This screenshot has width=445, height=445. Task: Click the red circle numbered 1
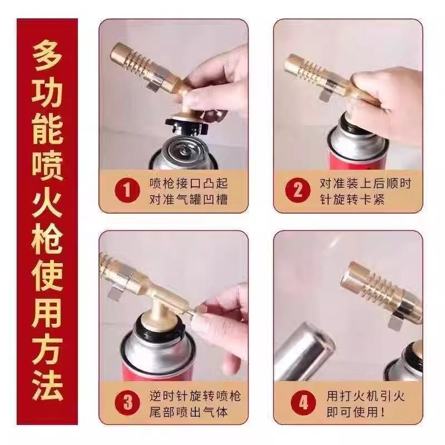pos(127,190)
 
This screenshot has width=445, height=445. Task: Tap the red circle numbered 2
pos(298,190)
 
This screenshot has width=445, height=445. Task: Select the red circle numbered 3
pos(127,402)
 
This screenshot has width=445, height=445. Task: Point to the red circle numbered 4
pos(303,402)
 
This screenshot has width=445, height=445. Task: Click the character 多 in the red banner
pos(47,56)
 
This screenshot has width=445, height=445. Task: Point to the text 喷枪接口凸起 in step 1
pos(189,184)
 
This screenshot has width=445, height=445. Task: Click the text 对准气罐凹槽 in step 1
pos(189,199)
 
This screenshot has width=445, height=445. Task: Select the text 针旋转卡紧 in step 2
pos(352,199)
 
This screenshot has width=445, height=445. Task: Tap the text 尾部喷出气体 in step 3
pos(189,412)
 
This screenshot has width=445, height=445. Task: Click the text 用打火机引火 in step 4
pos(365,396)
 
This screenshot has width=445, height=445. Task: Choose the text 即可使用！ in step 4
pos(356,412)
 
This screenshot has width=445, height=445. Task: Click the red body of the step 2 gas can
pos(357,161)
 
